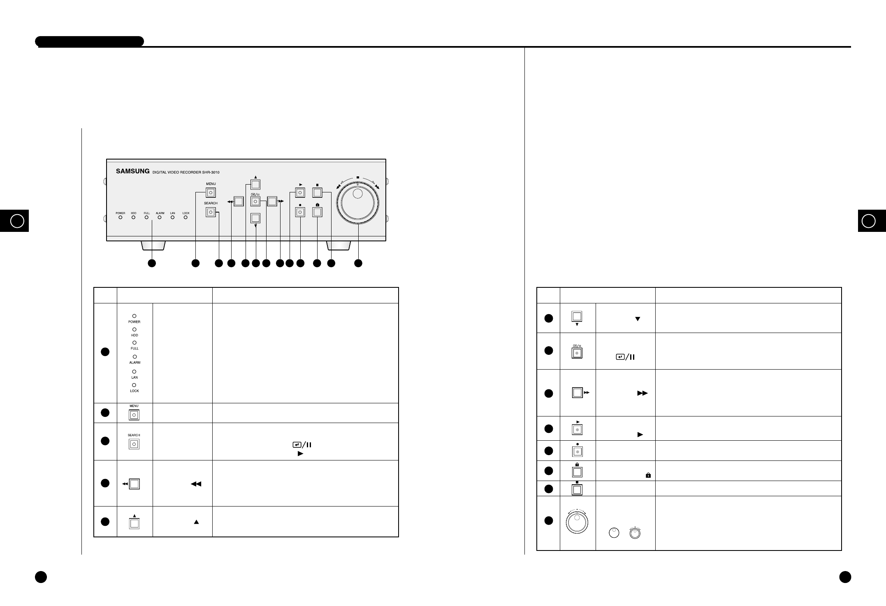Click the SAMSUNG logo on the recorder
132,171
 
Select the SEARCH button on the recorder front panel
211,212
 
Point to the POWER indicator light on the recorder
121,217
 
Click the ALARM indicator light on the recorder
160,217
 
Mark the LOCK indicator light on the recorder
186,217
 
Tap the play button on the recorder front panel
300,192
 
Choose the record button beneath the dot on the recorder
300,212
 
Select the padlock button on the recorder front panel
317,212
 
